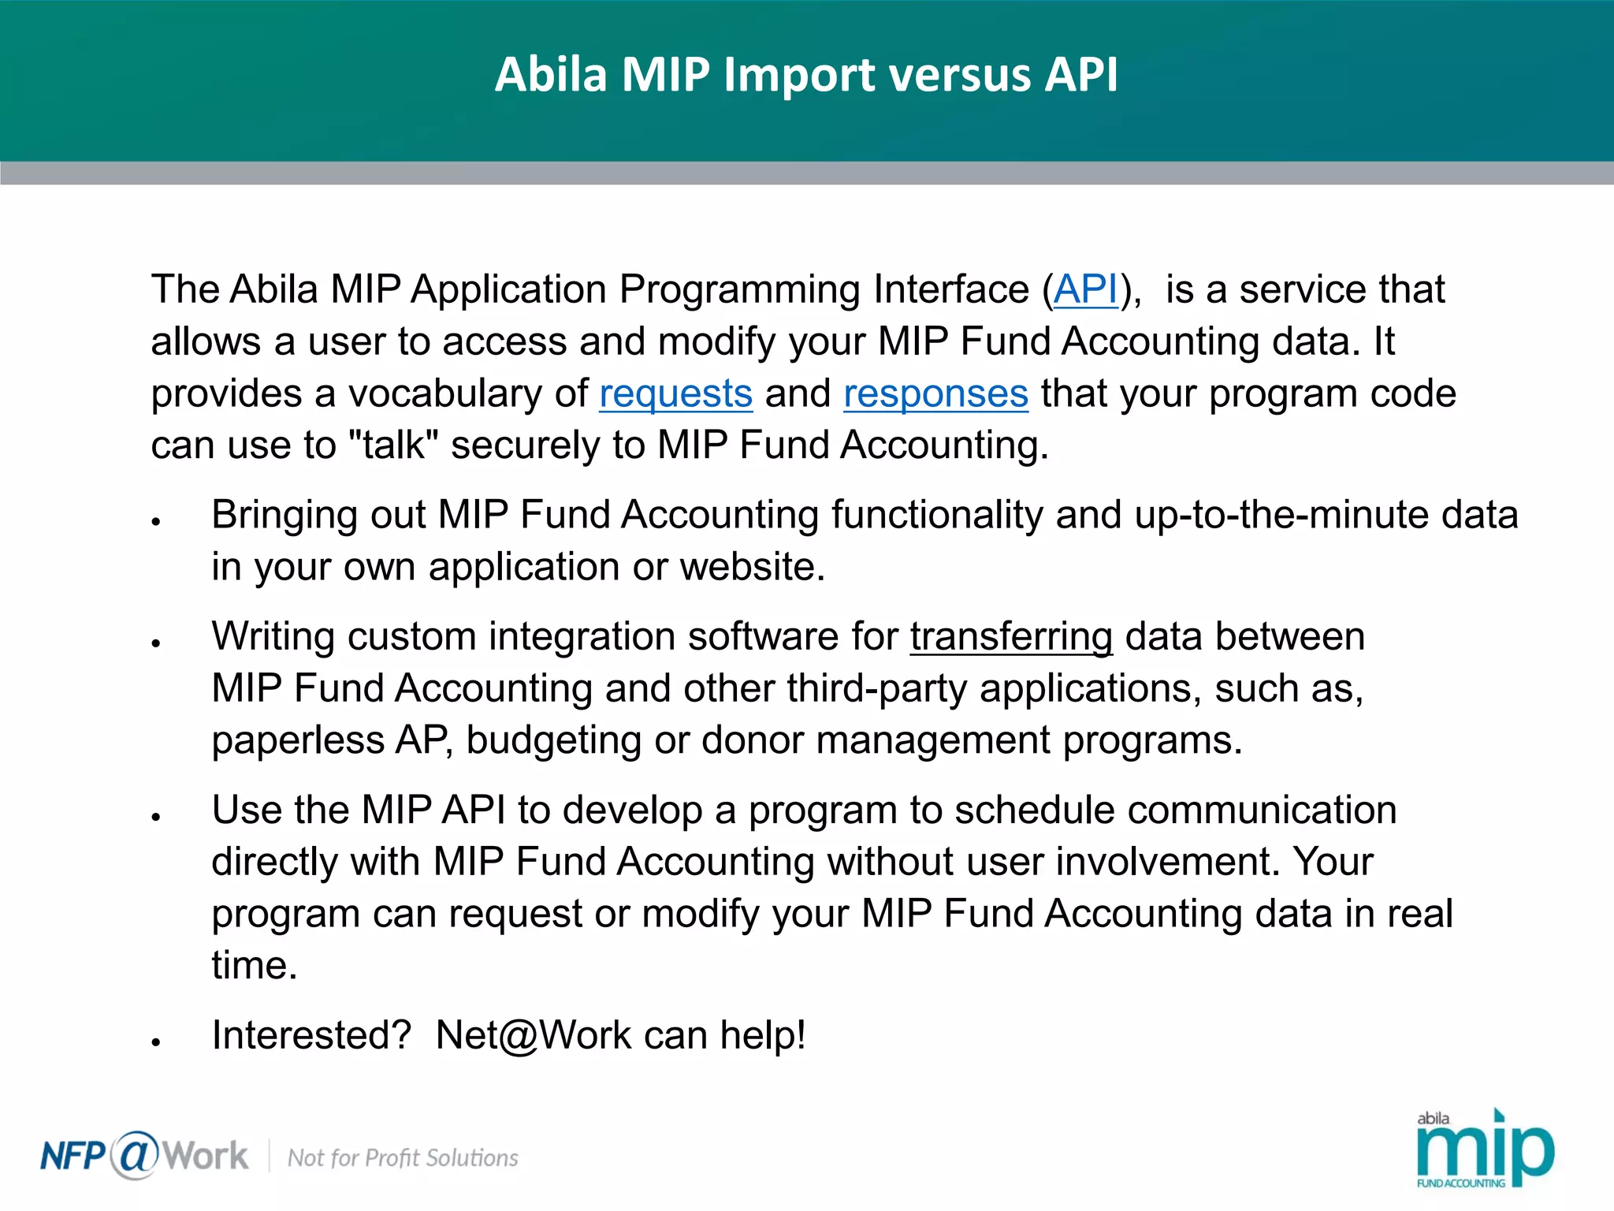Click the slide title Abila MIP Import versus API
[x=806, y=75]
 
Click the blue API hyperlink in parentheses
[x=1086, y=289]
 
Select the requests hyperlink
[x=675, y=393]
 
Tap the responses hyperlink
[x=935, y=393]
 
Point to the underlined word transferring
[x=1011, y=636]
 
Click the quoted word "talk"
[x=392, y=445]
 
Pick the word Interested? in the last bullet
[x=311, y=1035]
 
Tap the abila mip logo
[x=1484, y=1150]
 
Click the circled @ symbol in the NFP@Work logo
[x=135, y=1155]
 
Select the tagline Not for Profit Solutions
[x=403, y=1158]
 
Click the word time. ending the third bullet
[x=254, y=966]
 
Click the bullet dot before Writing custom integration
[x=157, y=643]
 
